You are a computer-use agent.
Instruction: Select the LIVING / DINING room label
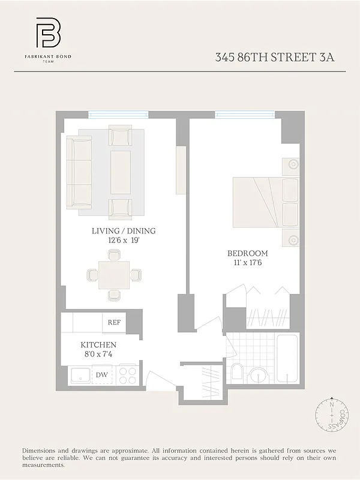point(124,231)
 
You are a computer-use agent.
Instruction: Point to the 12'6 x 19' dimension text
point(124,241)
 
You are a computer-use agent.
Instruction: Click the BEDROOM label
point(247,253)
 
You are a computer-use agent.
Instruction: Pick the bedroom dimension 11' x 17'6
point(247,263)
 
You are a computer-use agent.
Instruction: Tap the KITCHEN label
point(98,345)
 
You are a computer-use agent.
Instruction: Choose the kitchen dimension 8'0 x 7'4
point(98,355)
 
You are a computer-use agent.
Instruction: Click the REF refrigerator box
point(114,322)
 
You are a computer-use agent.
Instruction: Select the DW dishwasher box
point(102,376)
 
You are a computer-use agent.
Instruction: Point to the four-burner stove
point(128,376)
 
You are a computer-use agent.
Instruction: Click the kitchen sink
point(79,376)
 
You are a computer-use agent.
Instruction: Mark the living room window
point(118,115)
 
